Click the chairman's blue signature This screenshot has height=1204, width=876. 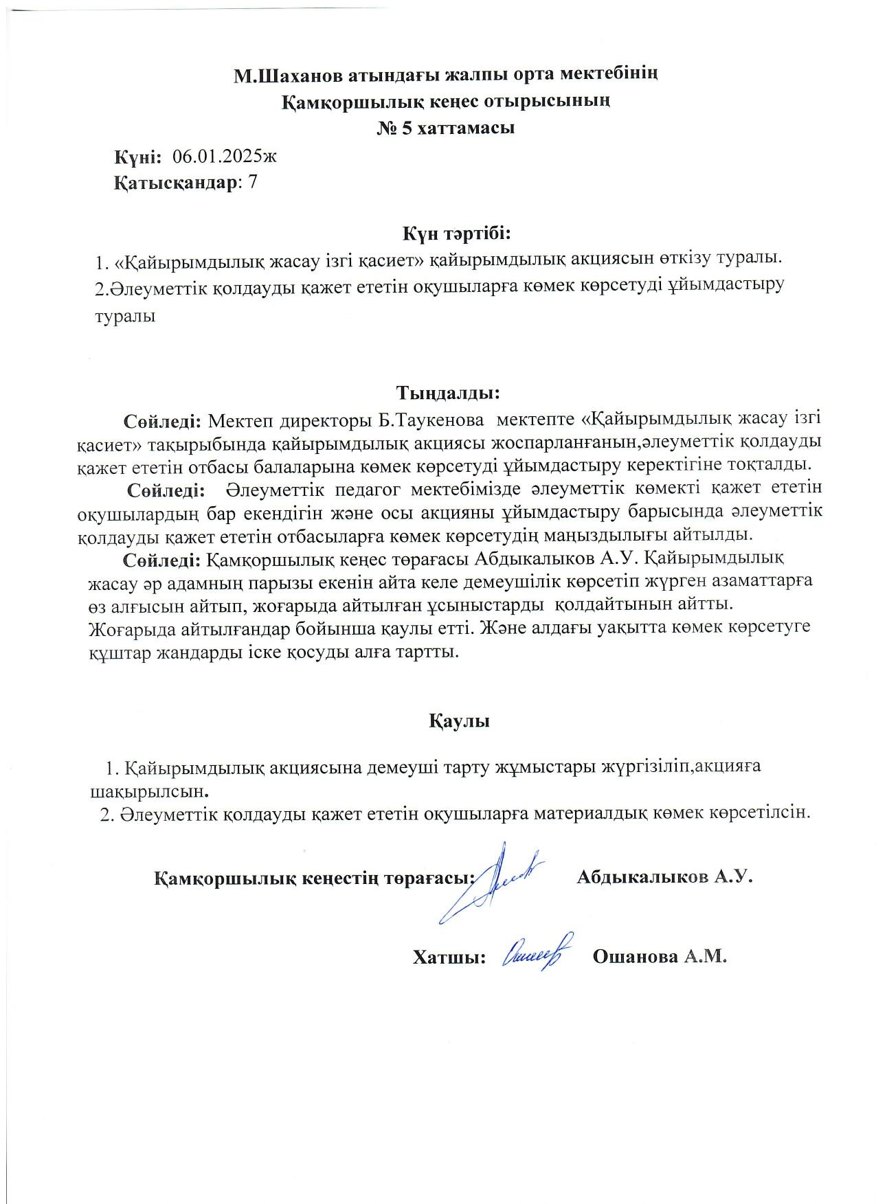click(491, 883)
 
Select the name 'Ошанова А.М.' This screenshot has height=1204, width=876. click(659, 957)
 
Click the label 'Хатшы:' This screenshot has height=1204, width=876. click(449, 957)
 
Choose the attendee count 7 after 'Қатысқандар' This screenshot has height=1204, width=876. click(252, 182)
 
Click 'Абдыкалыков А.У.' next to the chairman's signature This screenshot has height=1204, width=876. click(665, 877)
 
